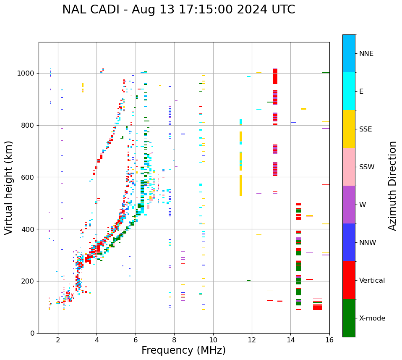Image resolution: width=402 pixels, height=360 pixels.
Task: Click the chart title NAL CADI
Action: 178,10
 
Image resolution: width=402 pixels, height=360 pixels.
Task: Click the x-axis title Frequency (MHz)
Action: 183,350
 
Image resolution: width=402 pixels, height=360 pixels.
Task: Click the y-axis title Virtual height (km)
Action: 9,187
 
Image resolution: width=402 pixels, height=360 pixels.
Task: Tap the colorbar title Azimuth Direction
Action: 392,186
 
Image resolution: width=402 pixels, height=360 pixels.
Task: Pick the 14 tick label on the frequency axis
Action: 290,340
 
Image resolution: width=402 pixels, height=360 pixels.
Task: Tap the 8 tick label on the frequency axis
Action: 174,340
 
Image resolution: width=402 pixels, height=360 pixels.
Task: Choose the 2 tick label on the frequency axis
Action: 58,340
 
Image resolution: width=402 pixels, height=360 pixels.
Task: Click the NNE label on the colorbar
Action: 366,54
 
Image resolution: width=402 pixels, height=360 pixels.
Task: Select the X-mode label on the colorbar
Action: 372,318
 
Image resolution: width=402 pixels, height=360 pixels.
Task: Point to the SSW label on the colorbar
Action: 367,167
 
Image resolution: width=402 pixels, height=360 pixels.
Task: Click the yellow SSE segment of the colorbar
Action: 349,129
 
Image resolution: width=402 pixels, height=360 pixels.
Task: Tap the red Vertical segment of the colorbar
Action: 349,280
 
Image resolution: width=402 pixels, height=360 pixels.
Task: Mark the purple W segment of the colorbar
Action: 349,205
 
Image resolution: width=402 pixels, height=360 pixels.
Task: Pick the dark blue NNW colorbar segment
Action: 349,242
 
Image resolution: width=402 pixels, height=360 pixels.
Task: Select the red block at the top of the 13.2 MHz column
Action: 275,76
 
